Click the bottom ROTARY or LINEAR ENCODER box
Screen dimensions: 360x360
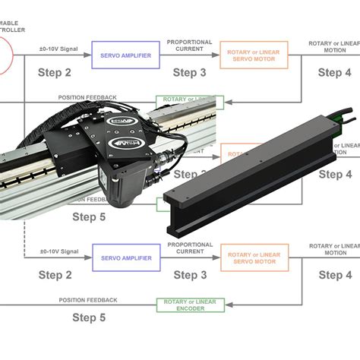[x=186, y=305]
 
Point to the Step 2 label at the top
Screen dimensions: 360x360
[x=55, y=72]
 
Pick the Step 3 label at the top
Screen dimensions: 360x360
[x=189, y=72]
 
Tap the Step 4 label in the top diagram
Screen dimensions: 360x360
[x=334, y=72]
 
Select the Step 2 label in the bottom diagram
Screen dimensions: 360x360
[x=55, y=275]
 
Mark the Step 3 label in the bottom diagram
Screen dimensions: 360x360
[x=189, y=275]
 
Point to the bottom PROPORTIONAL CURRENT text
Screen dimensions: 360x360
[x=189, y=249]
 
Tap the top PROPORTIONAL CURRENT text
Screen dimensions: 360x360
[x=189, y=46]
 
